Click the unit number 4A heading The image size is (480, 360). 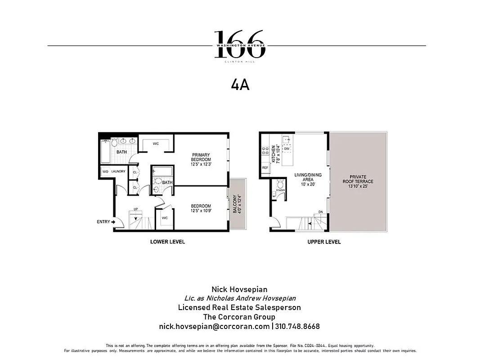pos(240,85)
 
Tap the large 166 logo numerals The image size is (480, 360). pos(239,43)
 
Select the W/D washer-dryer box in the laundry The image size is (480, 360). pos(105,171)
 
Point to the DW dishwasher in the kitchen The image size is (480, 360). pos(287,148)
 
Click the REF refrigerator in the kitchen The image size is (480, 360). pos(265,167)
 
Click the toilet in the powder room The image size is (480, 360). pos(280,184)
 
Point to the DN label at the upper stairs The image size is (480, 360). pos(321,212)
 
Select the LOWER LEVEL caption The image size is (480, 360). pos(167,242)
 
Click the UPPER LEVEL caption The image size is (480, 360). pos(324,242)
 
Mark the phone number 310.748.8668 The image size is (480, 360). pos(297,326)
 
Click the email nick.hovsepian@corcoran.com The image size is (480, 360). pos(214,326)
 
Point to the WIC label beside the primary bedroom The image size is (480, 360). pos(156,144)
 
